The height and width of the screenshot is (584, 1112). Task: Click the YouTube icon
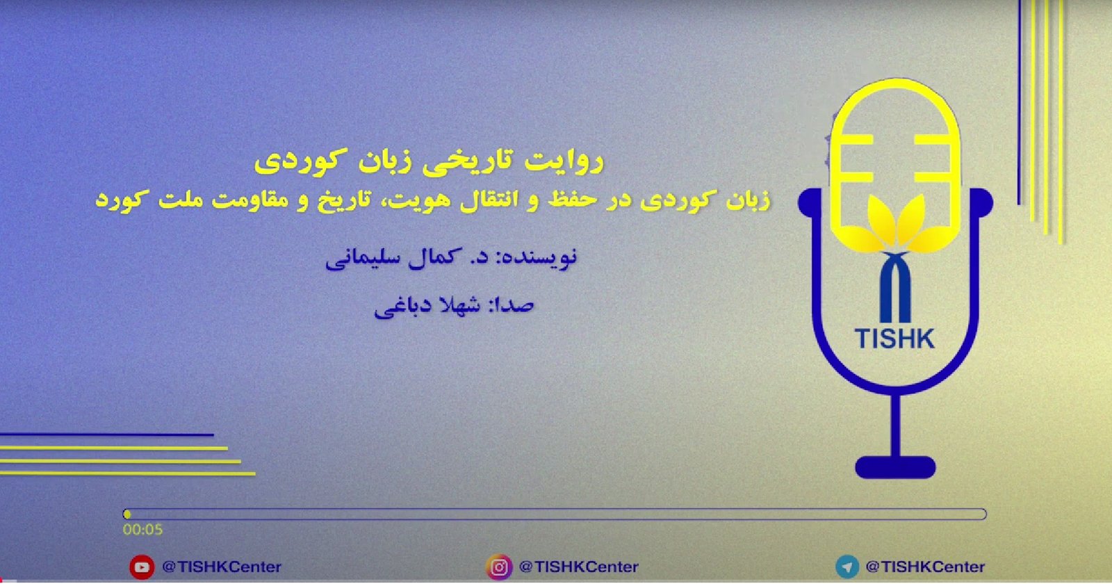click(142, 567)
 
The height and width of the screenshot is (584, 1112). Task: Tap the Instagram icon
click(499, 567)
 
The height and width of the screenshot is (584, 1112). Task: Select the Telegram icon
click(847, 567)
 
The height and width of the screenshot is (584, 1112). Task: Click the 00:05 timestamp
click(142, 529)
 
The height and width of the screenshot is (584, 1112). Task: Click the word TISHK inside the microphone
click(894, 339)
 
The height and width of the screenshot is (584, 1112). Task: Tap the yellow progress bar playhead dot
click(127, 514)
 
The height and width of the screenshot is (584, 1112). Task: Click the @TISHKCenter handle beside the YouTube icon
click(222, 567)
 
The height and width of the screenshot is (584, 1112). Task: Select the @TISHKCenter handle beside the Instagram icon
click(578, 567)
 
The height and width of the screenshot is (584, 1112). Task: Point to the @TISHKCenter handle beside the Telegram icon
click(925, 567)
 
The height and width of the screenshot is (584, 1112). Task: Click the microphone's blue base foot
click(895, 467)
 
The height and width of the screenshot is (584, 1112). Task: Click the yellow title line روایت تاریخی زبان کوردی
click(429, 162)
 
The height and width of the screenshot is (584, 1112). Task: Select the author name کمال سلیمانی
click(390, 257)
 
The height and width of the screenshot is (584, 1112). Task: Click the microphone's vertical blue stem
click(895, 425)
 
